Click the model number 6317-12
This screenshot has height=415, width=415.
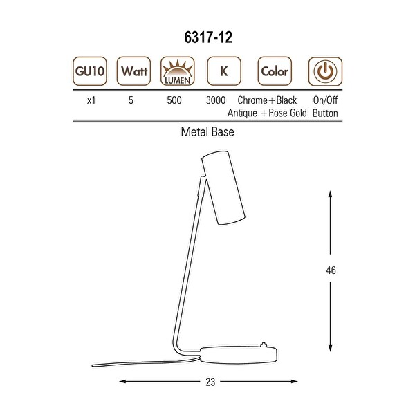pyautogui.click(x=208, y=37)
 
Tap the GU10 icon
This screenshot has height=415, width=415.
pyautogui.click(x=90, y=71)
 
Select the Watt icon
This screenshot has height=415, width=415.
pyautogui.click(x=133, y=71)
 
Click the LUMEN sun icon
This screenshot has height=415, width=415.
pyautogui.click(x=178, y=71)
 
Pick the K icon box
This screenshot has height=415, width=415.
pyautogui.click(x=224, y=71)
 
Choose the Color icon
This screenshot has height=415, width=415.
pyautogui.click(x=275, y=71)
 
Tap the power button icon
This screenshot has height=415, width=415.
pyautogui.click(x=325, y=71)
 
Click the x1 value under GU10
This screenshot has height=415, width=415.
pyautogui.click(x=91, y=100)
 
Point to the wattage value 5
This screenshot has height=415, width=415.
pyautogui.click(x=131, y=100)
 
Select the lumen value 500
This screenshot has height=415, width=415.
pyautogui.click(x=174, y=100)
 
